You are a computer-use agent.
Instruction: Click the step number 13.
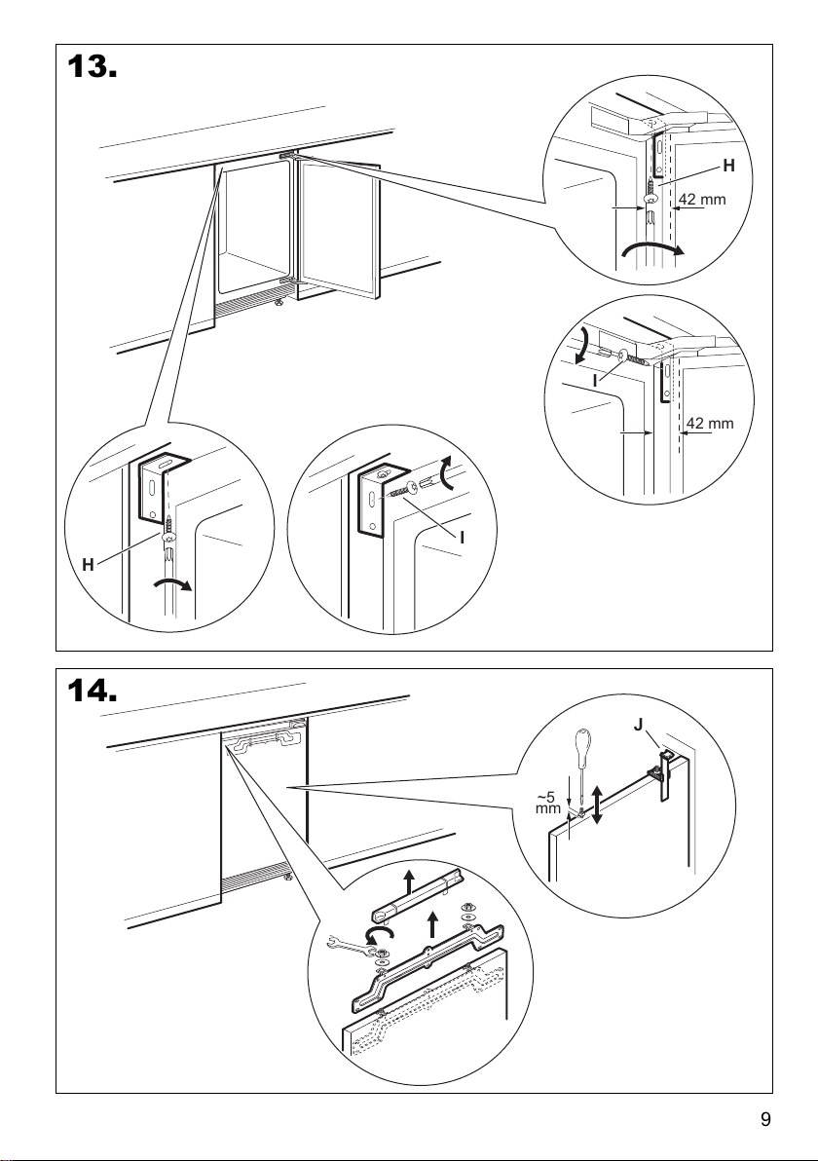[92, 69]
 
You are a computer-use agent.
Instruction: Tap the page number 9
[765, 1119]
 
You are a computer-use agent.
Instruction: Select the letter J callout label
[637, 726]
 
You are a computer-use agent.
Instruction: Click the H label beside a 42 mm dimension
[729, 168]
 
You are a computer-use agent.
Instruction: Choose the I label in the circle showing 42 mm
[594, 381]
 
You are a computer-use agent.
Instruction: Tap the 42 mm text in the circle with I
[710, 424]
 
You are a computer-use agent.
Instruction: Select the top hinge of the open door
[289, 156]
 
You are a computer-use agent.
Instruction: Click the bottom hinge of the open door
[286, 281]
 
